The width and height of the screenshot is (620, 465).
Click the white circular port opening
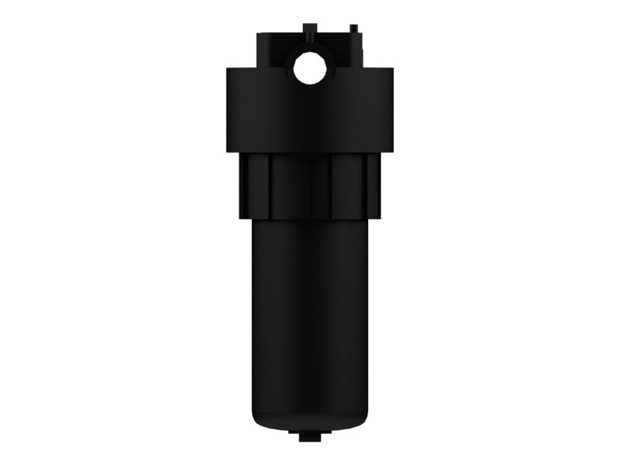pyautogui.click(x=309, y=69)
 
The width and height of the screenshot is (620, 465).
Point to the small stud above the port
pyautogui.click(x=309, y=29)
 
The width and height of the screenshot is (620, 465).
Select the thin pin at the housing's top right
pyautogui.click(x=354, y=30)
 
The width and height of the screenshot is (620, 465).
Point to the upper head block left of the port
pyautogui.click(x=271, y=50)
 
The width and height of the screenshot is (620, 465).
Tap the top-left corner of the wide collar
pyautogui.click(x=229, y=70)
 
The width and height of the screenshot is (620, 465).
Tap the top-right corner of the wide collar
pyautogui.click(x=392, y=70)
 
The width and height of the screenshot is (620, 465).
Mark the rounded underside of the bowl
pyautogui.click(x=310, y=425)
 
